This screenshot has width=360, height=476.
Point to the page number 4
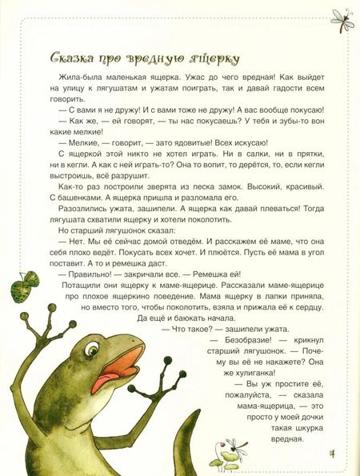331,457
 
